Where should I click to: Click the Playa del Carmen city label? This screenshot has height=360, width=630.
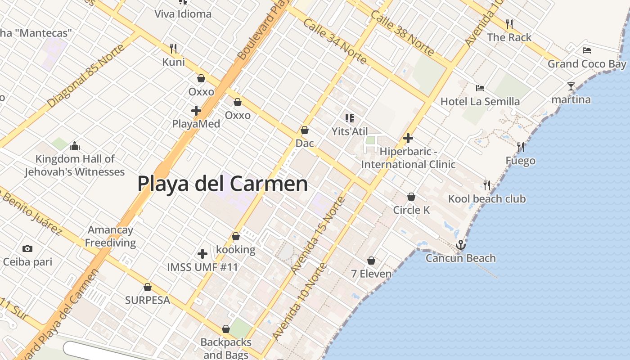pos(222,184)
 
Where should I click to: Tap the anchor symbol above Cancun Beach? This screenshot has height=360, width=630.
pos(460,245)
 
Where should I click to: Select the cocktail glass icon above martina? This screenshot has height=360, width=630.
pos(571,86)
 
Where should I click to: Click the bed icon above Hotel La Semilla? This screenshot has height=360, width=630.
pos(480,88)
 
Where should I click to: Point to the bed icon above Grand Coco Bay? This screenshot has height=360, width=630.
pos(587,50)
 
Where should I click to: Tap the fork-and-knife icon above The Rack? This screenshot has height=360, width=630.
pos(509,23)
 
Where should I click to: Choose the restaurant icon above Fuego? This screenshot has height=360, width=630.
pos(521,147)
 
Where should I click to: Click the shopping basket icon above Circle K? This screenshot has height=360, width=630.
pos(411,197)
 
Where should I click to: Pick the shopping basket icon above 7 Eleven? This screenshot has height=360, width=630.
pos(371,260)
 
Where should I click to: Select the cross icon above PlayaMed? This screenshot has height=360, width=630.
pos(196,110)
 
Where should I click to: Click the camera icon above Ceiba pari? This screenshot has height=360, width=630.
pos(27,248)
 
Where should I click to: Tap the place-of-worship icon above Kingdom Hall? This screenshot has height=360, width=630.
pos(75,145)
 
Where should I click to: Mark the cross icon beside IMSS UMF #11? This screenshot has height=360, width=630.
pos(202,254)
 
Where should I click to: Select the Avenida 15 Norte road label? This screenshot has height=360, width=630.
pos(318,235)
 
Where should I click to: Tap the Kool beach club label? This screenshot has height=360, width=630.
pos(486,199)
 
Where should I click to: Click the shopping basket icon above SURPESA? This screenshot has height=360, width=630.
pos(148,287)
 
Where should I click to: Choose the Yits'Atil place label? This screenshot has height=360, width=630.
pos(350,131)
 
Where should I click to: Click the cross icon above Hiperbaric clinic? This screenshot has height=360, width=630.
pos(408,138)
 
